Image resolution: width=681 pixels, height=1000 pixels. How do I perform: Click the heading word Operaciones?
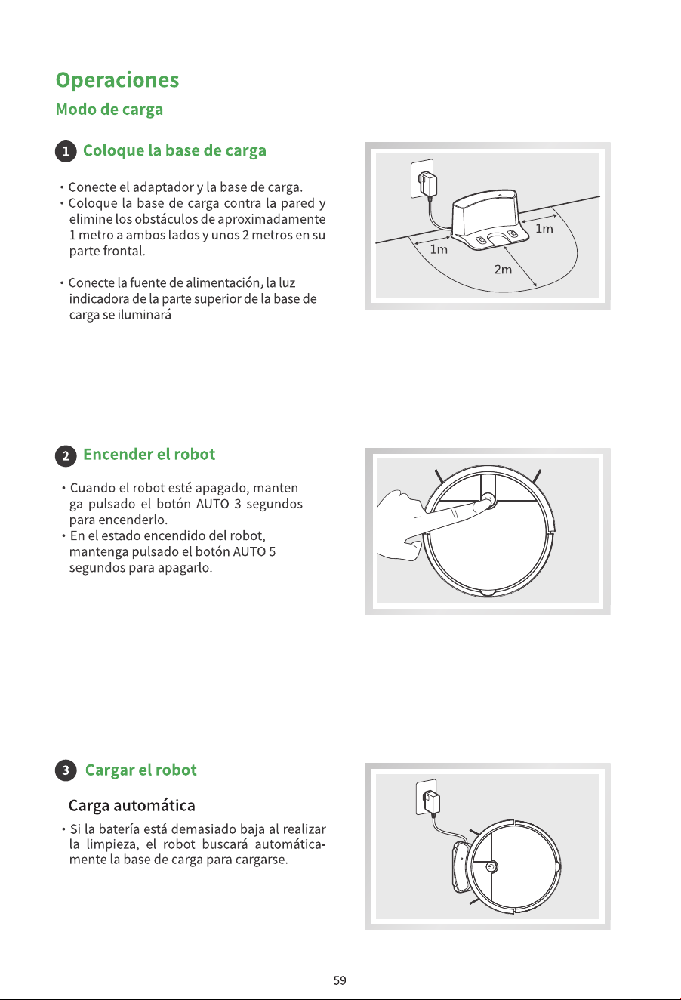tap(117, 80)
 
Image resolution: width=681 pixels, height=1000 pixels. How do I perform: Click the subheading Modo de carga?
tap(109, 110)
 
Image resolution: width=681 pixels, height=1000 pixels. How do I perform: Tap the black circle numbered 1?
tap(66, 151)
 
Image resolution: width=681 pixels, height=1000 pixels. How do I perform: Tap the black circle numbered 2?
tap(66, 455)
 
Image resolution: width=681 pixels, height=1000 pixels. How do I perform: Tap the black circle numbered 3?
tap(66, 770)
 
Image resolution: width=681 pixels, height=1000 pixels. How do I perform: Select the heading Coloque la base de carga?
tap(174, 150)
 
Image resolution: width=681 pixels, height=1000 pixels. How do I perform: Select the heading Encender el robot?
tap(149, 455)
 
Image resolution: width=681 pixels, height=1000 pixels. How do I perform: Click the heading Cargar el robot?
tap(140, 770)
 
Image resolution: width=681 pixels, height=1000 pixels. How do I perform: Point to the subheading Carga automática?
tap(131, 805)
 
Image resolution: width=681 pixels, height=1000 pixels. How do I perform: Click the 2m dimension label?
tap(503, 270)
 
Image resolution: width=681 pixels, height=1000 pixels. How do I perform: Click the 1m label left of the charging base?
tap(439, 249)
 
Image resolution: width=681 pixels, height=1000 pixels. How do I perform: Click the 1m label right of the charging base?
tap(544, 229)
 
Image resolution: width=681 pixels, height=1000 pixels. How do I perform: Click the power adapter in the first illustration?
tap(427, 183)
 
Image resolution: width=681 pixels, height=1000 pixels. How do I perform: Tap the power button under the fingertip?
tap(488, 499)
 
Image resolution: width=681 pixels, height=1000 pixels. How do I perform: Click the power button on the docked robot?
tap(491, 867)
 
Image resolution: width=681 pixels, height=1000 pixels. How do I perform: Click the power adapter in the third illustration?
tap(432, 801)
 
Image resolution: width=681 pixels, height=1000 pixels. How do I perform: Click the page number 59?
tap(340, 980)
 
